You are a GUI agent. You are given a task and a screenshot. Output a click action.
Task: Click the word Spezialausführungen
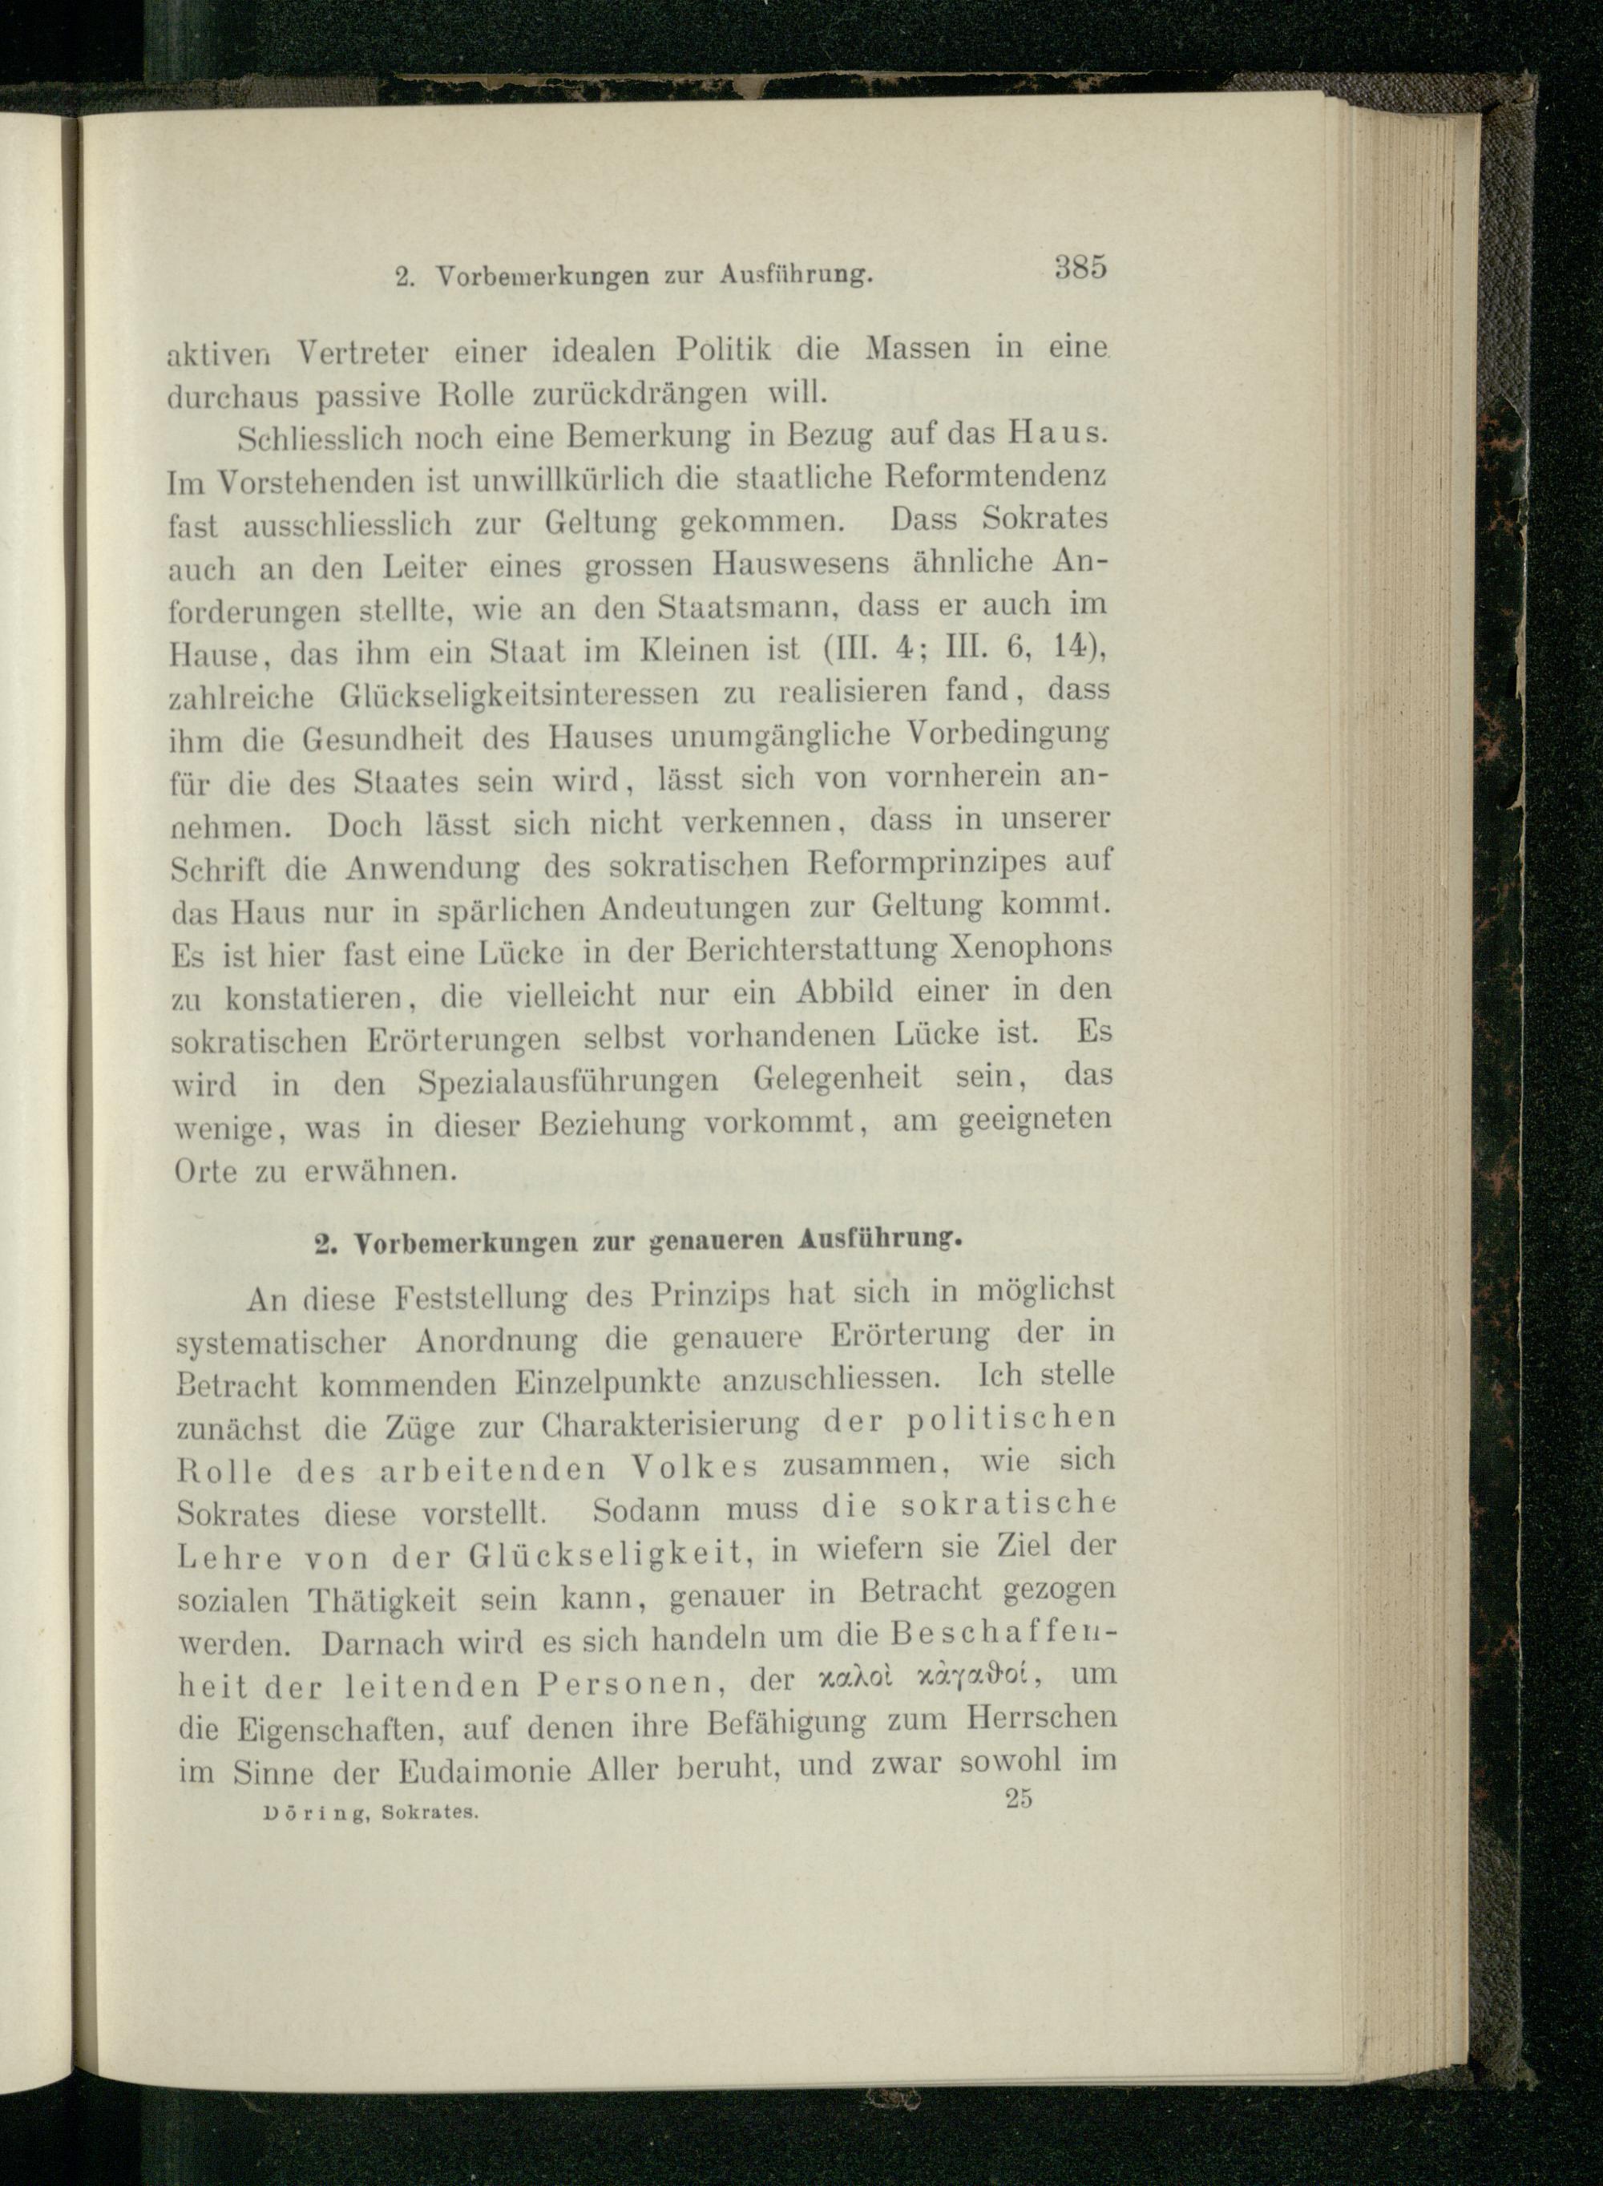568,1082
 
